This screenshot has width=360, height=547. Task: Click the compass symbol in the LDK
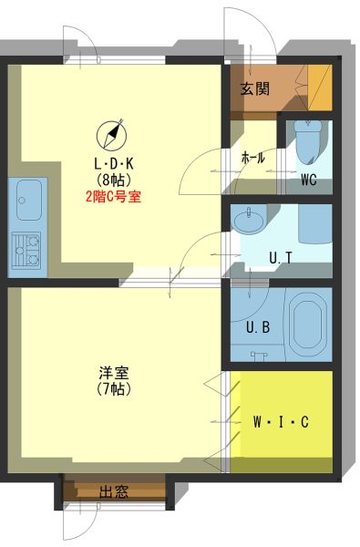[111, 134]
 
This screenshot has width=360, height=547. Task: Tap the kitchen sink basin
[29, 200]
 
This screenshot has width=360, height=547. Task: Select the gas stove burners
[26, 250]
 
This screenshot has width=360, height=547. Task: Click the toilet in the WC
[308, 142]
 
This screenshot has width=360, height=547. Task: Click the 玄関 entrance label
[255, 89]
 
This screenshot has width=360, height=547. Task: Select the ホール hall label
[253, 159]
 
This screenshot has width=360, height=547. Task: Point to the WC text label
[309, 180]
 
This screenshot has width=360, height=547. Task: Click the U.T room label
[281, 258]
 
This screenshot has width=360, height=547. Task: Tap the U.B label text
[258, 327]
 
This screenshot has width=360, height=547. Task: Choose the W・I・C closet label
[281, 422]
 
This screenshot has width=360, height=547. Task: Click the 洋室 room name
[114, 373]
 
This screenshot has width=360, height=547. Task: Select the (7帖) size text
[114, 388]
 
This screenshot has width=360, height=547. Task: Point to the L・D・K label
[114, 163]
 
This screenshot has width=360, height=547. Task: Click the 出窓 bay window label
[114, 492]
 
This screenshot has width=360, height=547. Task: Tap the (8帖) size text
[114, 180]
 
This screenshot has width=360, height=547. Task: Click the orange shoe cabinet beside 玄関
[320, 88]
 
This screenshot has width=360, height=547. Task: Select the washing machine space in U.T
[315, 224]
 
